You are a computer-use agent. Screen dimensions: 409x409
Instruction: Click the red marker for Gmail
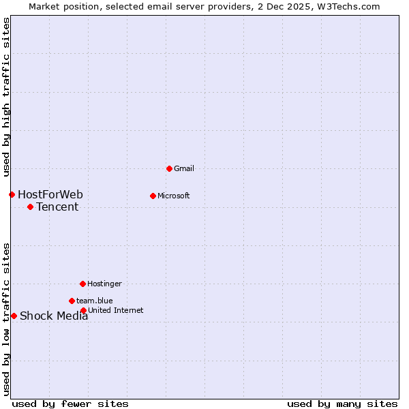[x=169, y=168]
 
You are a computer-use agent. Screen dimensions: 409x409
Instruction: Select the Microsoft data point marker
[x=153, y=196]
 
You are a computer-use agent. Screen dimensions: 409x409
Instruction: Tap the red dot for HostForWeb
[x=12, y=194]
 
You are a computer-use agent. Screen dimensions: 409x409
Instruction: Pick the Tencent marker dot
[x=30, y=207]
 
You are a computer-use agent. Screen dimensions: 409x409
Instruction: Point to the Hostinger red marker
[x=82, y=284]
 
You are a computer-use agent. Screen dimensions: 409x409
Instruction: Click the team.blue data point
[x=72, y=301]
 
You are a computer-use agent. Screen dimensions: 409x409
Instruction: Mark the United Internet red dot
[x=83, y=310]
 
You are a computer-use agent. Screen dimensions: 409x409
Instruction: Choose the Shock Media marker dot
[x=14, y=316]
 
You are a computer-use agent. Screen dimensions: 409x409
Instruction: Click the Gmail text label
[x=184, y=168]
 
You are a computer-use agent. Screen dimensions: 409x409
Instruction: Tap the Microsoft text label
[x=173, y=196]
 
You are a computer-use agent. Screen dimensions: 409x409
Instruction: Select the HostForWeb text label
[x=50, y=195]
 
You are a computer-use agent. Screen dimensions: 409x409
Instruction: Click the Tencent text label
[x=57, y=207]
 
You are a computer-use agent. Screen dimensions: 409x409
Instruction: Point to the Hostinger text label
[x=104, y=284]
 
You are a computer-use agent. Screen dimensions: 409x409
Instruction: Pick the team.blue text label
[x=94, y=301]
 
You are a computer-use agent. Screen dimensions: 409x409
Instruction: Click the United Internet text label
[x=115, y=310]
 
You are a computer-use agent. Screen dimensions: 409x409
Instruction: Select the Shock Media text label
[x=54, y=316]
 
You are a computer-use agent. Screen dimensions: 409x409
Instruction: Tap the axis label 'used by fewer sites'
[x=70, y=404]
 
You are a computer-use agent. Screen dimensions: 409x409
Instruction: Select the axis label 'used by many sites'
[x=342, y=404]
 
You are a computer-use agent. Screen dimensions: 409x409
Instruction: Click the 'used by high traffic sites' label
[x=6, y=97]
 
